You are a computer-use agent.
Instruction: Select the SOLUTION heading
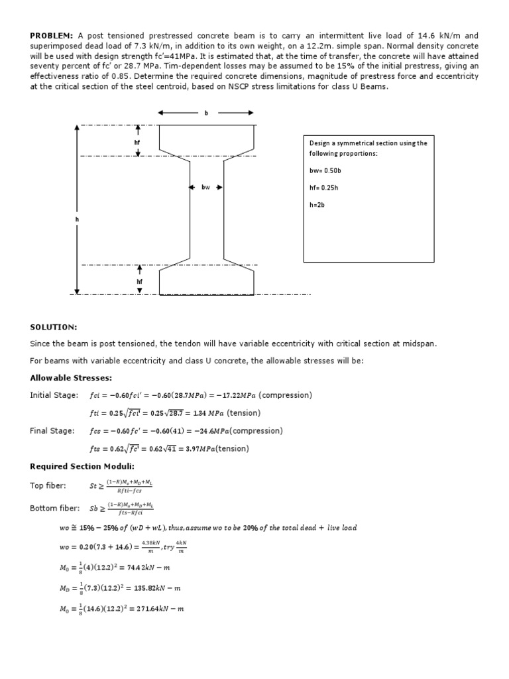click(53, 328)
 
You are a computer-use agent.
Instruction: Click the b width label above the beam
click(206, 113)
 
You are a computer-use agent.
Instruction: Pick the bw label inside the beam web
click(206, 188)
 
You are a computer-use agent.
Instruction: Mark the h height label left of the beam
click(77, 219)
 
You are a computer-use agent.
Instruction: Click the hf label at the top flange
click(137, 143)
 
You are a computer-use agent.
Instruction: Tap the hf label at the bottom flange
click(140, 281)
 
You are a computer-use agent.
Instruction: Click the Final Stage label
click(52, 431)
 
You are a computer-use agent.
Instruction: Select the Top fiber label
click(48, 486)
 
